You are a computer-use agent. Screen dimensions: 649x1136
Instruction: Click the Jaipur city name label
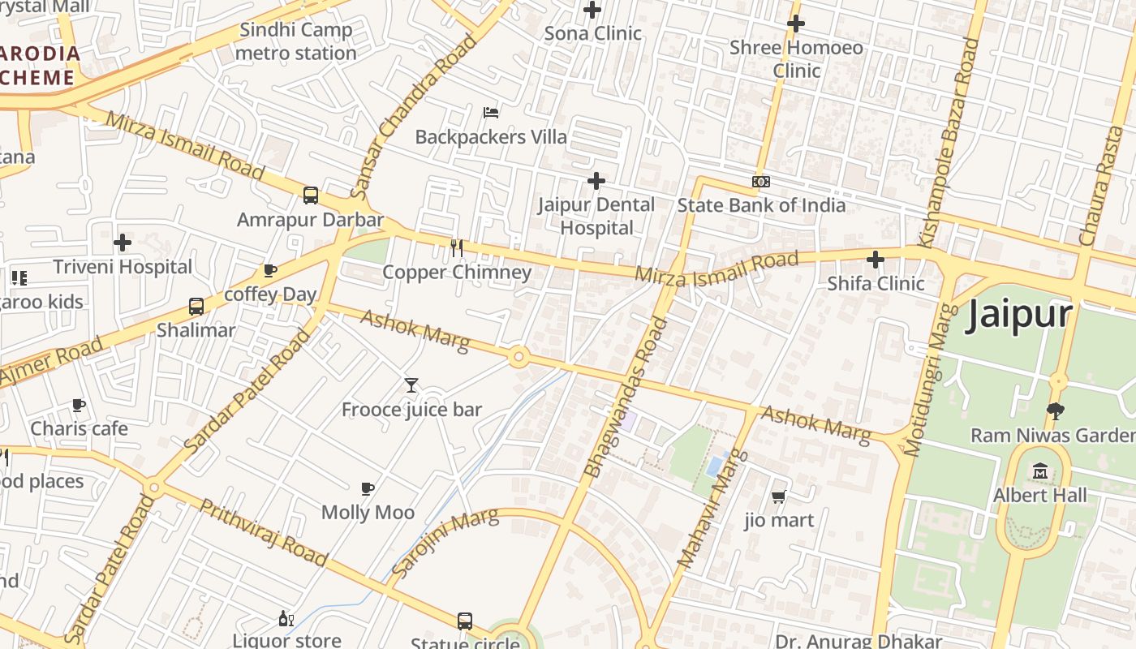[x=1019, y=315]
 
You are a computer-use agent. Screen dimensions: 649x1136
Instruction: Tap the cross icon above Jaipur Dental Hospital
[x=596, y=180]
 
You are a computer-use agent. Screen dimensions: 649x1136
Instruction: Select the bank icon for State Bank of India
[x=761, y=182]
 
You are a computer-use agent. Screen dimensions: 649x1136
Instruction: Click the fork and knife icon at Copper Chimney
[x=457, y=248]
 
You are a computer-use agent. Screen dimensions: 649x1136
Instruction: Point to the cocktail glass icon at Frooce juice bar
[x=411, y=385]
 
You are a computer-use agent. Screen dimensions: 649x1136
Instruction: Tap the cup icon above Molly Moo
[x=368, y=488]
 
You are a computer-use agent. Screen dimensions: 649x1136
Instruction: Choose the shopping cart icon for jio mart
[x=779, y=496]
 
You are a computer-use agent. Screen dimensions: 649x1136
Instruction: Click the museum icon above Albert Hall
[x=1040, y=471]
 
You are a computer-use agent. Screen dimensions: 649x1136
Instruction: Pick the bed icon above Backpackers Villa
[x=491, y=112]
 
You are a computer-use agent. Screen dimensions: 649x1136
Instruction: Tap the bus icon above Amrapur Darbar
[x=311, y=196]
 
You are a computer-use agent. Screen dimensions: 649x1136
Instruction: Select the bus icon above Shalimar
[x=196, y=306]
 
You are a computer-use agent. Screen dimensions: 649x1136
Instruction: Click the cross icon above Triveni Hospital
[x=123, y=243]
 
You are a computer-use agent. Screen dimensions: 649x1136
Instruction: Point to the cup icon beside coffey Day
[x=270, y=270]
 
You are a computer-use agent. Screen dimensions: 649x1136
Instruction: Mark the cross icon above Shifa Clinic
[x=876, y=260]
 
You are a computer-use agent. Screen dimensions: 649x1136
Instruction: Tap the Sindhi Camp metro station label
[x=295, y=42]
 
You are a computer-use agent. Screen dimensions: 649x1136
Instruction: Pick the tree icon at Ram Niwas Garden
[x=1055, y=411]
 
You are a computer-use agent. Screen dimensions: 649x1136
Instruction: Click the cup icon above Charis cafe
[x=79, y=404]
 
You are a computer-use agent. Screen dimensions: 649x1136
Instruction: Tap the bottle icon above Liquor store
[x=286, y=618]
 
